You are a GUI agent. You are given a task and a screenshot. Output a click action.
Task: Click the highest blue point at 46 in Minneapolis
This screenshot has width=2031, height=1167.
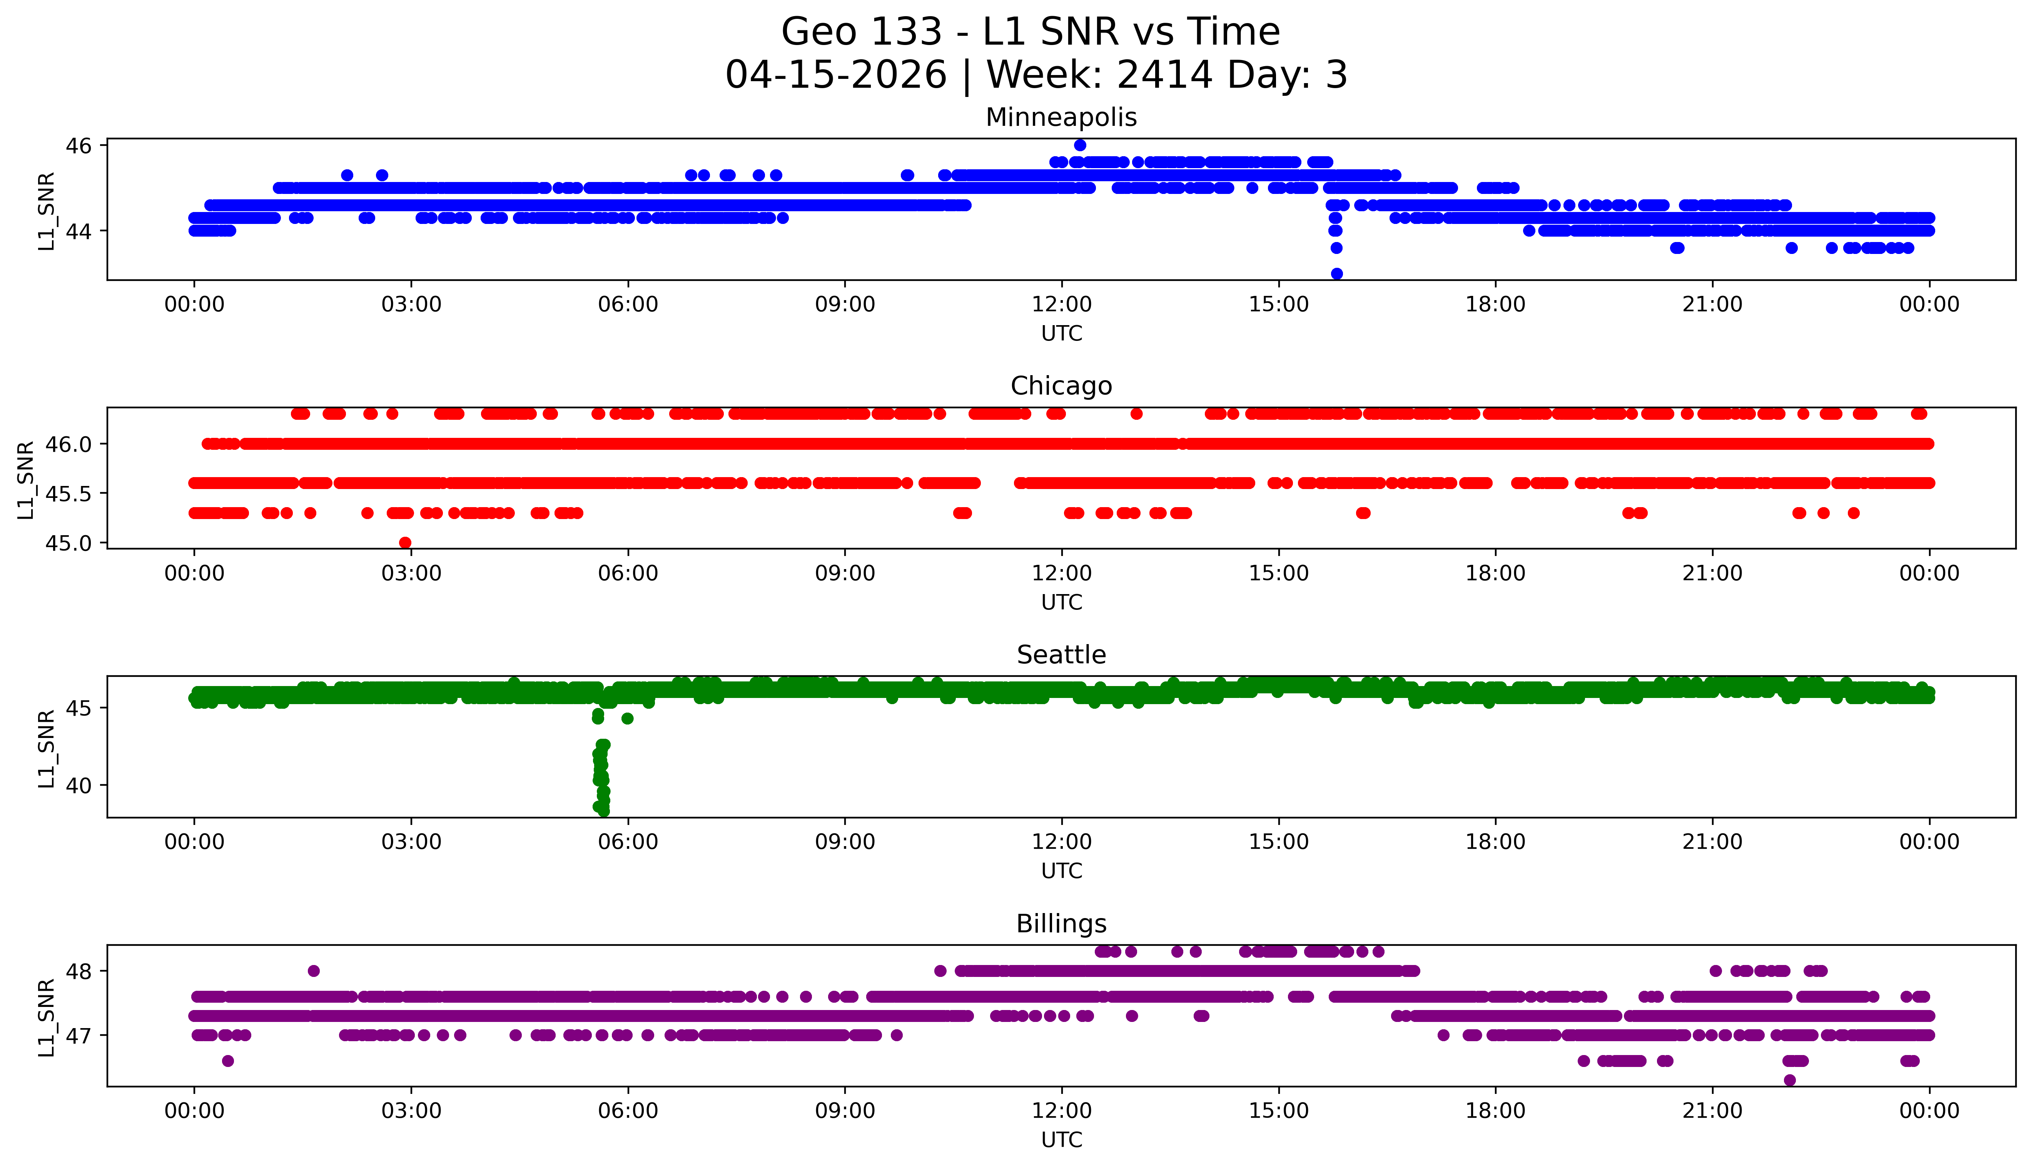pos(1080,145)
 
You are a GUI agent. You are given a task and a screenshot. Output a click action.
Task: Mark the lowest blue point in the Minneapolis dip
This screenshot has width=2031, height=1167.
pos(1336,273)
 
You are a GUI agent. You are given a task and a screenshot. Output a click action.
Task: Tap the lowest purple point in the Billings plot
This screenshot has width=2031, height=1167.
pos(1790,1080)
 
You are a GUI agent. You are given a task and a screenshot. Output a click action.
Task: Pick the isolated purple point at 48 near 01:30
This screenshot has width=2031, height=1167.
pos(313,971)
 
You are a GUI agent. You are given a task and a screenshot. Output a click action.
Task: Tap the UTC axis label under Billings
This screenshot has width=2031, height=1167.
pos(1061,1139)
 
